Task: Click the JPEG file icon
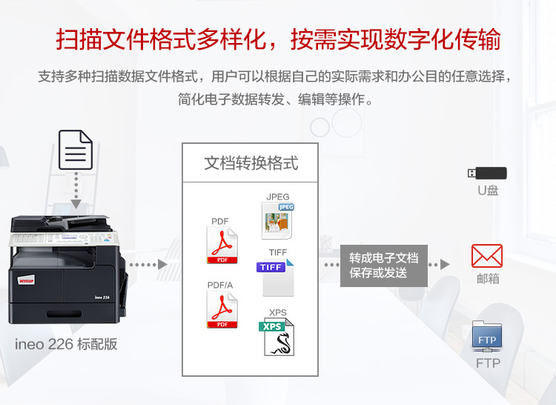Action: pyautogui.click(x=278, y=220)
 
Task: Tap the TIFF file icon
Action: pyautogui.click(x=275, y=277)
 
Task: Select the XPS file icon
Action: pyautogui.click(x=277, y=337)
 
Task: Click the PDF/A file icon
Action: pyautogui.click(x=222, y=309)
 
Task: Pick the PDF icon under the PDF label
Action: pyautogui.click(x=222, y=245)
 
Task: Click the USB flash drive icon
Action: pyautogui.click(x=487, y=173)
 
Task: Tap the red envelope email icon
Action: pyautogui.click(x=487, y=256)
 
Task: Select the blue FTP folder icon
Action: pyautogui.click(x=487, y=336)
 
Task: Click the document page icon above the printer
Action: pyautogui.click(x=76, y=150)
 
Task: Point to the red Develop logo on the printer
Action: pyautogui.click(x=26, y=280)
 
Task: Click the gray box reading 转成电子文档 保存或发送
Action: pyautogui.click(x=384, y=266)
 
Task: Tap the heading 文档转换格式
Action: pyautogui.click(x=251, y=163)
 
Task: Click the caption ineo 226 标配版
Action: pyautogui.click(x=66, y=344)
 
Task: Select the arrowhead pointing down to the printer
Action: pyautogui.click(x=76, y=203)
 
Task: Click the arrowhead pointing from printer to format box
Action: pyautogui.click(x=162, y=264)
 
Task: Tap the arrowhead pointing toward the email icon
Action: pyautogui.click(x=445, y=264)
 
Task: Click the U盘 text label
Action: pyautogui.click(x=488, y=191)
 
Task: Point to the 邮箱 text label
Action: pyautogui.click(x=488, y=278)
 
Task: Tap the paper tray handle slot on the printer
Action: pyautogui.click(x=64, y=314)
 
